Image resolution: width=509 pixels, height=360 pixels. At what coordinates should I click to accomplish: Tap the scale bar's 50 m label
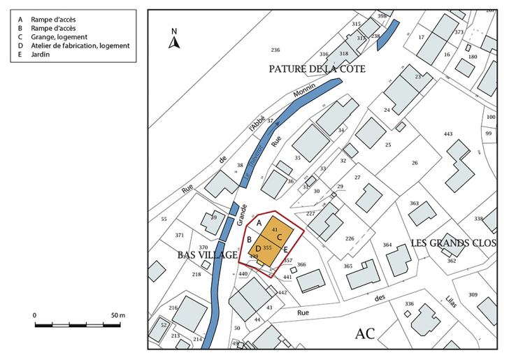117,315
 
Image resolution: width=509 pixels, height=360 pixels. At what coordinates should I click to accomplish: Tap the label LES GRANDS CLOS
453,243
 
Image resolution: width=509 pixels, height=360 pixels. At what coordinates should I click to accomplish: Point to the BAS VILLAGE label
208,256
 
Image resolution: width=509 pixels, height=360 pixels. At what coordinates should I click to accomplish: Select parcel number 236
275,50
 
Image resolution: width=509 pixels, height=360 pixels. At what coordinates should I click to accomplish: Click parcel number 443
448,134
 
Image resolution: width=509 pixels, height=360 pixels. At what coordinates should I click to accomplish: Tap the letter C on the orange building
279,237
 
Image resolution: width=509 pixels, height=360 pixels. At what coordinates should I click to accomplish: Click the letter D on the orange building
258,248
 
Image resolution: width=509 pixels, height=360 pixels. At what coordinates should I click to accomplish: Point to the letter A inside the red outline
259,223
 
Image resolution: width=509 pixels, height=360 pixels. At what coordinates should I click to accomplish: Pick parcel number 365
348,266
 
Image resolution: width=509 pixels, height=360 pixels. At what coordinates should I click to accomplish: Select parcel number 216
173,308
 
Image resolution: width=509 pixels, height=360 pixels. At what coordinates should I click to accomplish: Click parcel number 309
473,294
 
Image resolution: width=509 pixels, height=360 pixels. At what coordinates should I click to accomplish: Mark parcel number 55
164,219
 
